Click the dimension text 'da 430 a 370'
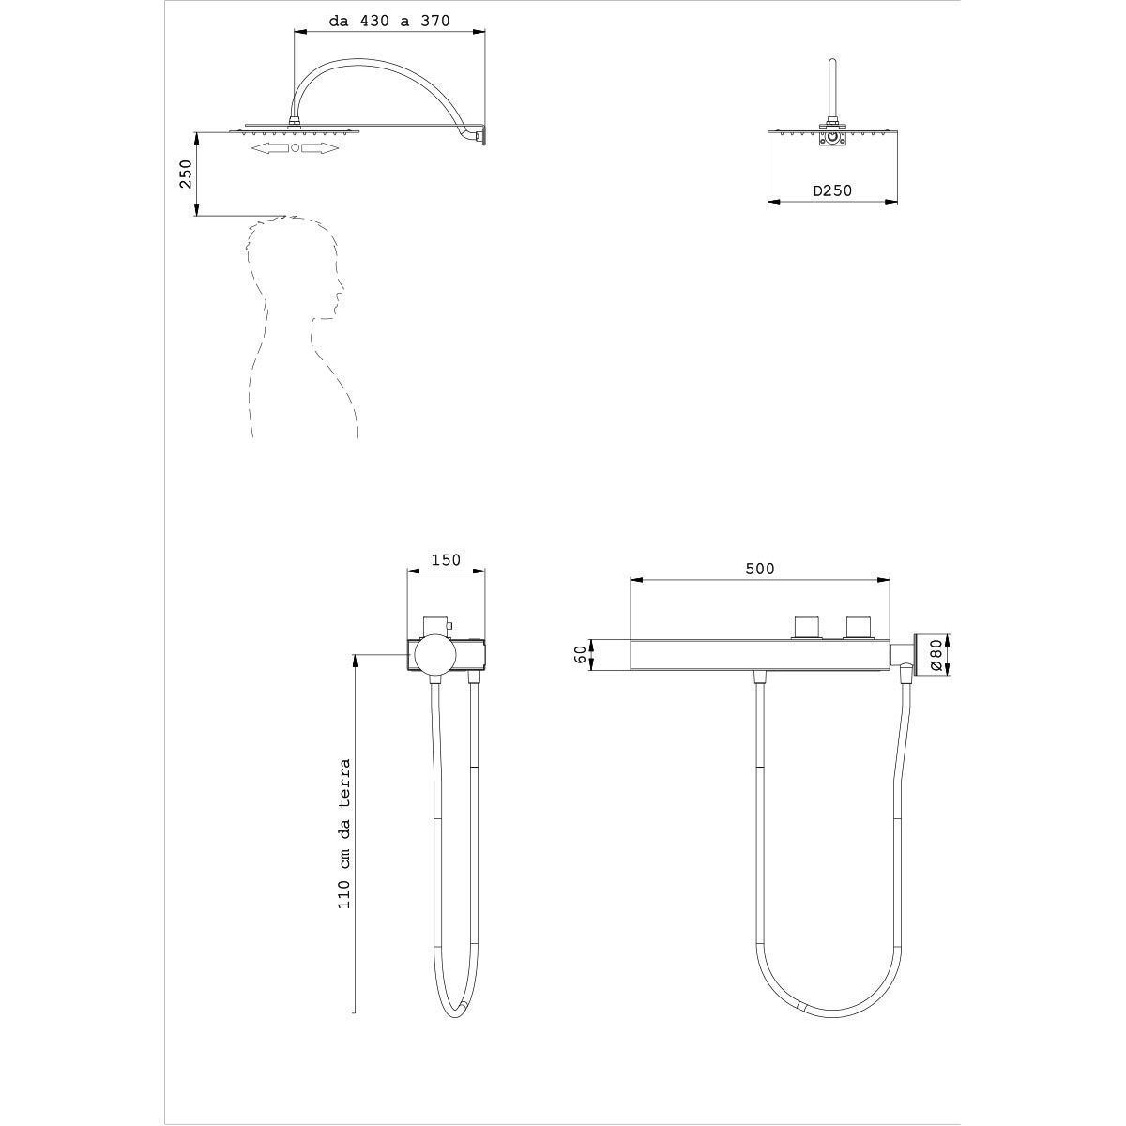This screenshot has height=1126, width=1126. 389,21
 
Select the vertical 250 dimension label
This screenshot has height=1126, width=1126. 186,174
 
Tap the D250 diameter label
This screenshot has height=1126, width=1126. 832,190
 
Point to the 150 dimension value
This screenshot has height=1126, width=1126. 446,560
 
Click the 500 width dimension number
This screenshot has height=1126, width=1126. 760,569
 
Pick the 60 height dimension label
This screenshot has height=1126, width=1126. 580,655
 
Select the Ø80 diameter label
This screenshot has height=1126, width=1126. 936,655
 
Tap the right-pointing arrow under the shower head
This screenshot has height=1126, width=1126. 320,148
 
